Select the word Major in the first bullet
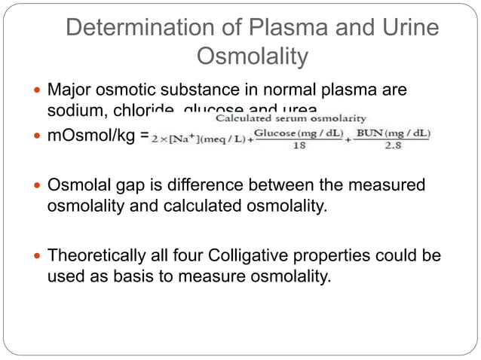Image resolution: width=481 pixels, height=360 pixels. tap(68, 90)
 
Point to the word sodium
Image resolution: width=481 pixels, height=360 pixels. tap(73, 110)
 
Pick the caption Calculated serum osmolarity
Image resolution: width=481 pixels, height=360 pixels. tap(291, 118)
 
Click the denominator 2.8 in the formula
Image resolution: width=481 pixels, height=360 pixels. tap(392, 145)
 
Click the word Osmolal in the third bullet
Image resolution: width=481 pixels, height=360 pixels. tap(77, 185)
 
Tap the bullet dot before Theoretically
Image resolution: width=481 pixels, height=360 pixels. tap(38, 257)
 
